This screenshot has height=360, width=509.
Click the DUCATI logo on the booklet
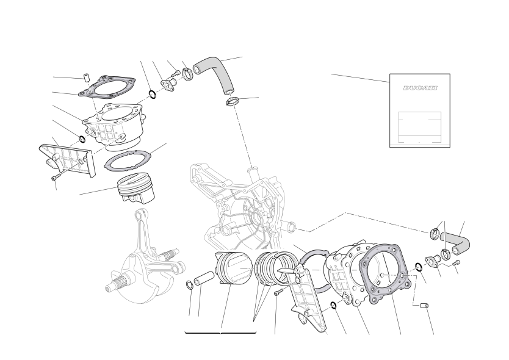pyautogui.click(x=420, y=88)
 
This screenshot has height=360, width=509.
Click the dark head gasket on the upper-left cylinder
pyautogui.click(x=107, y=86)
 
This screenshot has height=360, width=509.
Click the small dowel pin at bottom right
pyautogui.click(x=424, y=306)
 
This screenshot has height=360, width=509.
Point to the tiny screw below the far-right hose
pyautogui.click(x=457, y=262)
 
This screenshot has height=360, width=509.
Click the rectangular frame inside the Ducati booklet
pyautogui.click(x=420, y=128)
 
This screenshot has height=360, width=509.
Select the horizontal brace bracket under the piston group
pyautogui.click(x=220, y=333)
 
